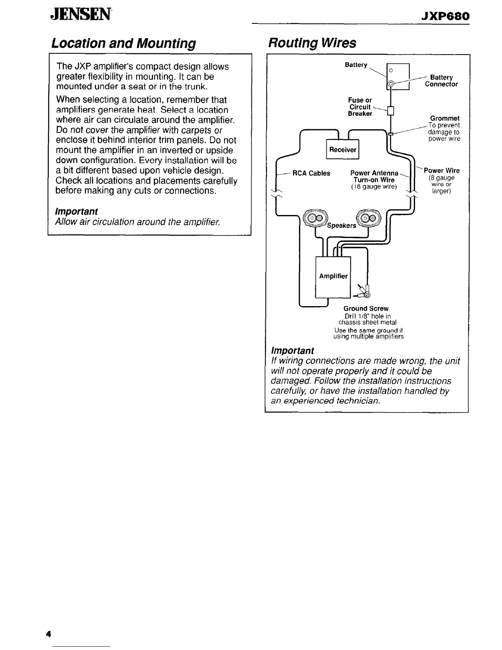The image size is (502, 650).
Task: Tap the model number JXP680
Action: (445, 16)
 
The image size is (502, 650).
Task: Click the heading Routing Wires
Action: (312, 43)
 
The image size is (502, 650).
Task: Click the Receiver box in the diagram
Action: (342, 149)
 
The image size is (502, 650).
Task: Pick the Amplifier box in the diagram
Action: (333, 276)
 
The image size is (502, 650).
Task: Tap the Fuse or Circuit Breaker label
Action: (360, 107)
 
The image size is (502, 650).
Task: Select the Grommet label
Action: (445, 118)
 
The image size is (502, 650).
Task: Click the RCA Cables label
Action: (311, 173)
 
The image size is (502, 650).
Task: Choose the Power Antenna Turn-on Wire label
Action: (374, 176)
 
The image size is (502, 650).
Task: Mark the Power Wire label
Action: (442, 171)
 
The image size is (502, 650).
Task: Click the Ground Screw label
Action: (366, 308)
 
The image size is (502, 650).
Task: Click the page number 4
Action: (48, 634)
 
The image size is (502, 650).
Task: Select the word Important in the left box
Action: (77, 211)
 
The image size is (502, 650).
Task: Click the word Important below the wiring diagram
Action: (292, 350)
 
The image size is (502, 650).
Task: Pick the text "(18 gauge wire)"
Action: (374, 187)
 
